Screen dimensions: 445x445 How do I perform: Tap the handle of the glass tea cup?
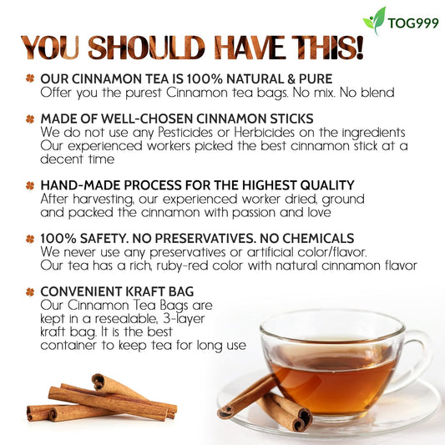point(417,351)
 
